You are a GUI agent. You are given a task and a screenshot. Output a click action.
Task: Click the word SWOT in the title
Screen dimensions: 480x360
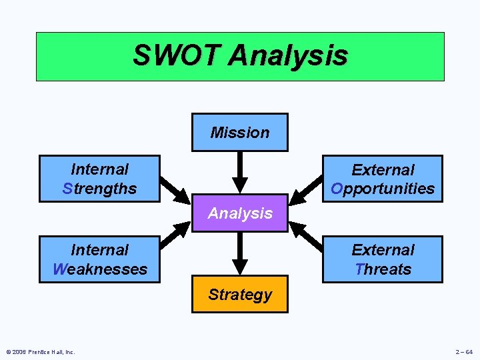(x=175, y=55)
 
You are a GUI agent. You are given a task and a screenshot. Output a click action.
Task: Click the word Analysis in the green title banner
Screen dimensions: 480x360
(x=287, y=55)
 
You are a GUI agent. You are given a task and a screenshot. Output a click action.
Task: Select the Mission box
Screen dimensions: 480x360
(x=240, y=132)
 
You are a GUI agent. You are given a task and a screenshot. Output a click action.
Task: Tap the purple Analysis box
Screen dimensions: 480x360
(x=240, y=213)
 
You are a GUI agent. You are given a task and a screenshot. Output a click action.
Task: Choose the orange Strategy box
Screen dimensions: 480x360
(x=240, y=294)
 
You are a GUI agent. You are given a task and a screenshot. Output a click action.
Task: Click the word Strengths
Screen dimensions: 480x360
(x=99, y=189)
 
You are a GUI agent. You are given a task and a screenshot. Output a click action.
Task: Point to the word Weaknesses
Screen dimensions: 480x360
(x=99, y=269)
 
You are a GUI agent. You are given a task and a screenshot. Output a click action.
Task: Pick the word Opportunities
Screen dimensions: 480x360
(x=383, y=189)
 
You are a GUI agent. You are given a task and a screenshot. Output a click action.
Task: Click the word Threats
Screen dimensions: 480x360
(x=383, y=269)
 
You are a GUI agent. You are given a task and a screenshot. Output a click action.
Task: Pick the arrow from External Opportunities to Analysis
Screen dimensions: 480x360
(x=305, y=190)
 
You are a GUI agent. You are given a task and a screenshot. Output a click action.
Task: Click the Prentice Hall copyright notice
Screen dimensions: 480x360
(x=40, y=352)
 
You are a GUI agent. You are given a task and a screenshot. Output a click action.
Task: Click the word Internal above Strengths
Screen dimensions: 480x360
(x=99, y=169)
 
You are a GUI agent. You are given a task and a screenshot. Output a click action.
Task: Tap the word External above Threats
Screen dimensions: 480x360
(x=383, y=250)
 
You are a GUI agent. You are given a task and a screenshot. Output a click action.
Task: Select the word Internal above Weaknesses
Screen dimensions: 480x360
(x=99, y=250)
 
